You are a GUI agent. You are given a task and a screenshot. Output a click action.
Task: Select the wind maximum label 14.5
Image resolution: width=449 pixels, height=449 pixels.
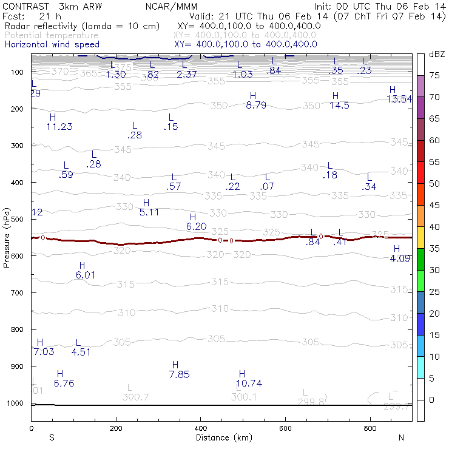pyautogui.click(x=339, y=106)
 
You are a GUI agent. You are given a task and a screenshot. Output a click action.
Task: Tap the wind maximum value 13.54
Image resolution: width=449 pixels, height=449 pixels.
pyautogui.click(x=399, y=100)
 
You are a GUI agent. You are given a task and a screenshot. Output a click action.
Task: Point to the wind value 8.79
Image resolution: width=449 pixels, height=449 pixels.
pyautogui.click(x=256, y=106)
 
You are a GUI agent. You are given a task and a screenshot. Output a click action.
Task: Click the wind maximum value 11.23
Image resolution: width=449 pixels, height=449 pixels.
pyautogui.click(x=59, y=127)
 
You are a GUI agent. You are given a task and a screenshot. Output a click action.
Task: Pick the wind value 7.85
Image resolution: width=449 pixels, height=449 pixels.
pyautogui.click(x=180, y=374)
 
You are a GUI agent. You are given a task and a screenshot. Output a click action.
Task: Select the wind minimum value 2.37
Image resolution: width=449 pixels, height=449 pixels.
pyautogui.click(x=187, y=74)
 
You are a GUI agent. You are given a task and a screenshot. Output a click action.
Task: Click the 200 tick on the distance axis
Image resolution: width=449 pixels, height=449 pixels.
pyautogui.click(x=115, y=428)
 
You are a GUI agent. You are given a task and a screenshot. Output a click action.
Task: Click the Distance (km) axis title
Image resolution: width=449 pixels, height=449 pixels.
pyautogui.click(x=221, y=437)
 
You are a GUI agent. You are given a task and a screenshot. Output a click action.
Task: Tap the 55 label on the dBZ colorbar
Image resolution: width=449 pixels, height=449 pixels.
pyautogui.click(x=434, y=163)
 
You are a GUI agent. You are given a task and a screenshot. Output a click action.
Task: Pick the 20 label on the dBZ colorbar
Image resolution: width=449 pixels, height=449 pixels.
pyautogui.click(x=434, y=314)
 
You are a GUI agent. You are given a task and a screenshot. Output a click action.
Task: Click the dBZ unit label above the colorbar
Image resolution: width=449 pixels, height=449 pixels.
pyautogui.click(x=436, y=55)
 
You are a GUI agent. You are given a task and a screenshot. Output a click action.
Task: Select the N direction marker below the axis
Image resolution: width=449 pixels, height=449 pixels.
pyautogui.click(x=401, y=437)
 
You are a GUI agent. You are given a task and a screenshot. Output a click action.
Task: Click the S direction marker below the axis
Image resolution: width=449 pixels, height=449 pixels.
pyautogui.click(x=52, y=437)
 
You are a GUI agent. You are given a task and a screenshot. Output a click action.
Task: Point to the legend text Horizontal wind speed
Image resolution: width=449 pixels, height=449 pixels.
pyautogui.click(x=52, y=44)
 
